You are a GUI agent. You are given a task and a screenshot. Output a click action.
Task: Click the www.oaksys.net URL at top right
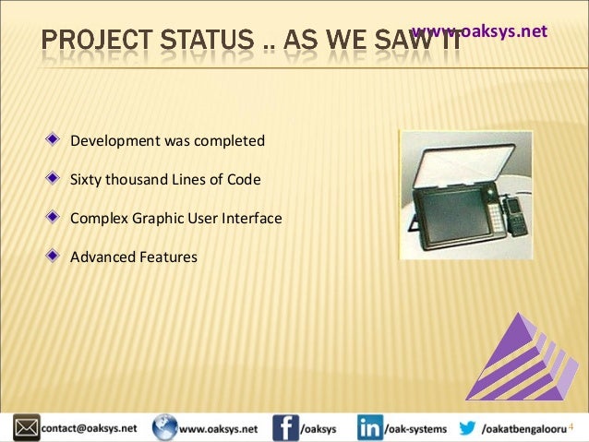point(479,31)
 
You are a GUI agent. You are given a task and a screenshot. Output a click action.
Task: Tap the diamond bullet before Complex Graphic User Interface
point(57,219)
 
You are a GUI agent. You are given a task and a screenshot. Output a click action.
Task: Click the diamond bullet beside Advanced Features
point(57,257)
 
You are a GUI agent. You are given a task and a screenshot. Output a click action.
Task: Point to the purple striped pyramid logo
point(522,356)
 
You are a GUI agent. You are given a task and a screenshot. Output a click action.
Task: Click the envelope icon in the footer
point(25,428)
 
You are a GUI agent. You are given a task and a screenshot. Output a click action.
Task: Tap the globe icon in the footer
point(164,428)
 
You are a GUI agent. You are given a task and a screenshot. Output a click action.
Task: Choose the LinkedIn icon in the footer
point(370,428)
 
